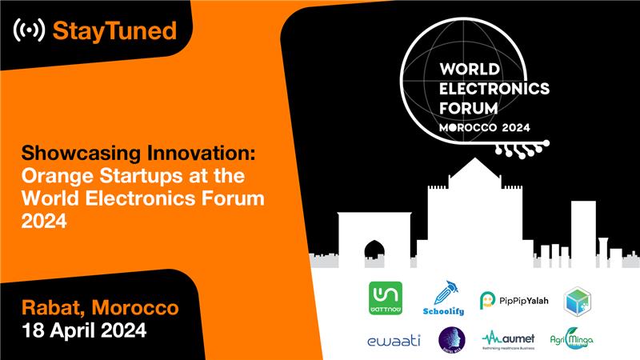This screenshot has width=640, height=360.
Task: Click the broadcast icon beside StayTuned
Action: pos(30,31)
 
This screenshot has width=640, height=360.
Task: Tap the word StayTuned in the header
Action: pos(114,31)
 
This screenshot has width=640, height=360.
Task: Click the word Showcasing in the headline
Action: pos(74,151)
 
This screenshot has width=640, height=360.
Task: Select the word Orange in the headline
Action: pos(53,174)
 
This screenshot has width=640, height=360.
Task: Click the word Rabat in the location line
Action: pos(48,307)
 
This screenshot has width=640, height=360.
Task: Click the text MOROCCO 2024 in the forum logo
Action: pos(485,127)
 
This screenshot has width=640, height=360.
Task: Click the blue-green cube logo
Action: pos(577,300)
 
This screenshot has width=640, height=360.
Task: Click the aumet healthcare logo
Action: pos(510,340)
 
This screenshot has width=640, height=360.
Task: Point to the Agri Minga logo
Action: pos(572,340)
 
